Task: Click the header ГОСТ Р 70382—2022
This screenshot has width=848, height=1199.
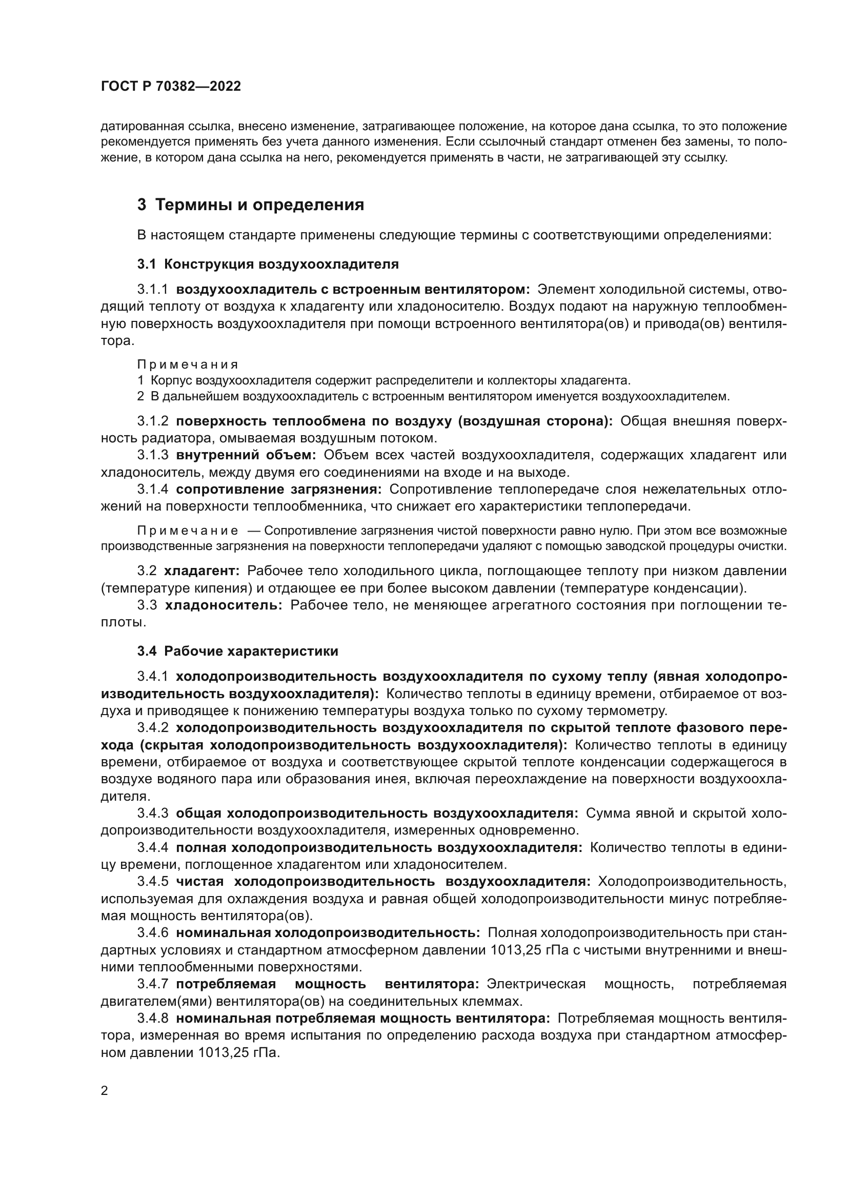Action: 171,87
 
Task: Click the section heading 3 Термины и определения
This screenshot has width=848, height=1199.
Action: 251,205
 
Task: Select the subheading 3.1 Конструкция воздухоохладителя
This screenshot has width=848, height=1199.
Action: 268,264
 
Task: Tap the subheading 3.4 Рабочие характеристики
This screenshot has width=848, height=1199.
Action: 237,651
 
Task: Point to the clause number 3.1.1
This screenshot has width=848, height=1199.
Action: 152,290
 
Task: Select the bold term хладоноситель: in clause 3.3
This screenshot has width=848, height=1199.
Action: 224,605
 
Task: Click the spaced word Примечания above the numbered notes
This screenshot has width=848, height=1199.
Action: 188,364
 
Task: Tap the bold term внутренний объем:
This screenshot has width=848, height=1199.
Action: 246,455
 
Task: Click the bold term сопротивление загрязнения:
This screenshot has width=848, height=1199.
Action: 279,490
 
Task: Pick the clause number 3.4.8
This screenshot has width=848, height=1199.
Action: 152,1019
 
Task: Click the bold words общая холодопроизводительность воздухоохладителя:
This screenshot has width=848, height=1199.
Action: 376,813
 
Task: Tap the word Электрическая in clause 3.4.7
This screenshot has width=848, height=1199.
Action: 536,984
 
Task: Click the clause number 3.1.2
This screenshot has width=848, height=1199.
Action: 152,421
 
